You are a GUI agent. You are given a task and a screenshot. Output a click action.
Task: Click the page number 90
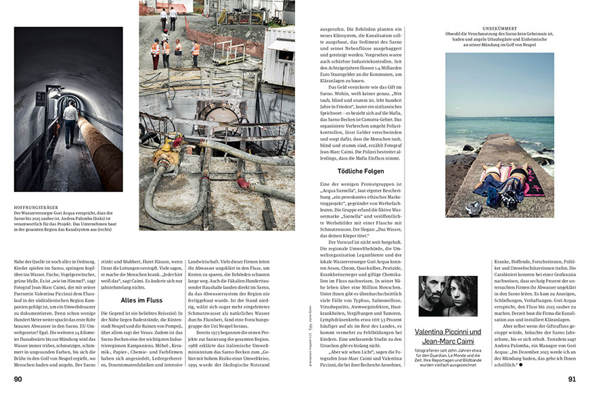pos(18,379)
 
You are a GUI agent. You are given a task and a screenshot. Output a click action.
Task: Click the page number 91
pos(572,379)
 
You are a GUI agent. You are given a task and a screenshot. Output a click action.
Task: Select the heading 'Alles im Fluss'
pos(143,300)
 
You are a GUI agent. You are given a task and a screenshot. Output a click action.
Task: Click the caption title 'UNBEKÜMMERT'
pos(499,28)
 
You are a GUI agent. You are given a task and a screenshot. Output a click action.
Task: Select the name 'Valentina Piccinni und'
pos(447,331)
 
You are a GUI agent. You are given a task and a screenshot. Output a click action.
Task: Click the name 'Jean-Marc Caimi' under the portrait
pos(447,342)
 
